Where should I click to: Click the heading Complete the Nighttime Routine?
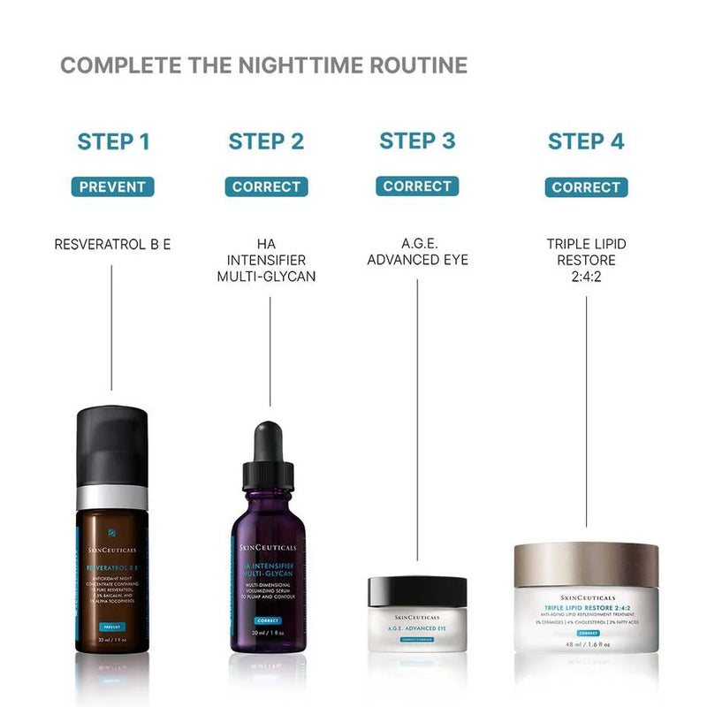263,65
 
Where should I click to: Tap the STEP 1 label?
113,141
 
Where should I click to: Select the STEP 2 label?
266,141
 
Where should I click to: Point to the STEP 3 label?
417,141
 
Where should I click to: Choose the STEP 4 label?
586,141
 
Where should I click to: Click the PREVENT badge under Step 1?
113,186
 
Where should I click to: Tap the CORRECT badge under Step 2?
266,186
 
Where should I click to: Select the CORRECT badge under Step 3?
417,186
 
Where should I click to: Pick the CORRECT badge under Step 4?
586,187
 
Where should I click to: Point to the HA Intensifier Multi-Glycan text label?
266,260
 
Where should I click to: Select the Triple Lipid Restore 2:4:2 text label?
586,260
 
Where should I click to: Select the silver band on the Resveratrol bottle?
111,497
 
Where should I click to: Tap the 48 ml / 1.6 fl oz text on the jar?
586,645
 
